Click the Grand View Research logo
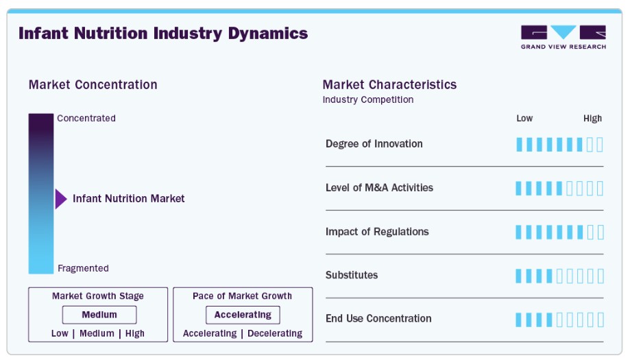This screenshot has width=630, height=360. tap(564, 37)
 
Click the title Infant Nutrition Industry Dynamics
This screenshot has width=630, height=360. tap(163, 34)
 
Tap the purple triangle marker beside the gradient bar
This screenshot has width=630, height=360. tap(61, 199)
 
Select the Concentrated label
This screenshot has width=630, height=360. tap(86, 118)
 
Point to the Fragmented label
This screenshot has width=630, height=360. tap(83, 268)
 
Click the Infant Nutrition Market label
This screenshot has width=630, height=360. tap(129, 198)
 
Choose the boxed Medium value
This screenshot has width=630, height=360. tap(99, 315)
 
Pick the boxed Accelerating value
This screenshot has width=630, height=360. tap(243, 315)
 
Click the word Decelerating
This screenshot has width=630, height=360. tap(275, 333)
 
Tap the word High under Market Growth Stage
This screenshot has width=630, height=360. tap(134, 333)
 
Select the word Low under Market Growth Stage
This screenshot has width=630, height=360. tap(60, 333)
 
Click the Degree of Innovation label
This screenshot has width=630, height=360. tap(374, 144)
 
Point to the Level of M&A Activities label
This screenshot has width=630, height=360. tap(379, 188)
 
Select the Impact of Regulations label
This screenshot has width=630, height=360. tap(377, 232)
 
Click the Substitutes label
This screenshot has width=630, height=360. tap(352, 275)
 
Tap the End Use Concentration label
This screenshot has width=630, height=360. tap(378, 319)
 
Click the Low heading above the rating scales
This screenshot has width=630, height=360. tap(524, 119)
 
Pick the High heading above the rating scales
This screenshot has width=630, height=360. tap(592, 119)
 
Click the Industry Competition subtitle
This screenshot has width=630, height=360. tap(368, 99)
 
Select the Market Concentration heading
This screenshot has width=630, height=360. tap(93, 85)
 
